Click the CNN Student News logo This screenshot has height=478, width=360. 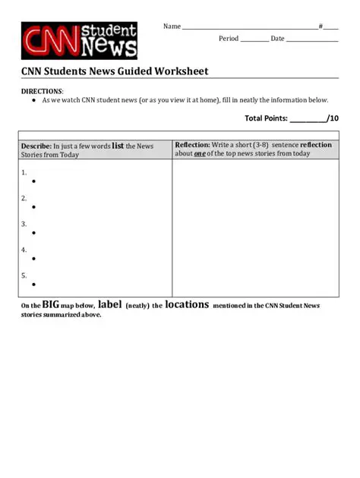click(79, 40)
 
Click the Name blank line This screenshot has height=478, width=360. click(250, 28)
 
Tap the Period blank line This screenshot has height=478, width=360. click(254, 40)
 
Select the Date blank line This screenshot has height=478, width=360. click(311, 40)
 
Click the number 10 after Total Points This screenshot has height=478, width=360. click(333, 118)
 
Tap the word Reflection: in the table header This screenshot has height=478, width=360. click(193, 144)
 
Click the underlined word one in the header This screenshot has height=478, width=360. click(199, 153)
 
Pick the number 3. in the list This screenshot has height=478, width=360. click(24, 224)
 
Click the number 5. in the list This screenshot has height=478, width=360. click(24, 275)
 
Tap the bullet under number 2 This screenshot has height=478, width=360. click(33, 207)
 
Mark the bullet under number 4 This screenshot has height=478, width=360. click(33, 259)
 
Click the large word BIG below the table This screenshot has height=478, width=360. click(50, 304)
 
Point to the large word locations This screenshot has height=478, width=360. click(186, 304)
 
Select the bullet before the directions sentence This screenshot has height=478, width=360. click(34, 100)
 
